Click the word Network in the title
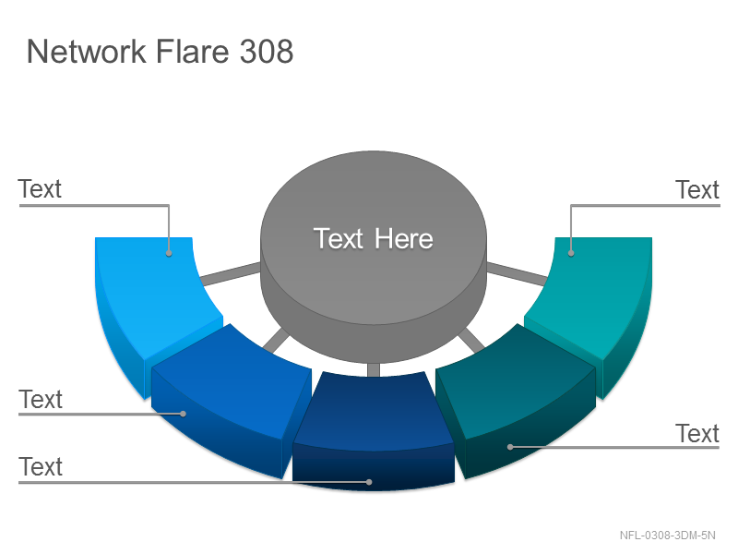coord(86,51)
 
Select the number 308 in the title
coord(267,51)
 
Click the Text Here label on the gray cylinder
coord(374,238)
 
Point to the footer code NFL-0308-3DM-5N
coord(667,536)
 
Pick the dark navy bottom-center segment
coord(374,428)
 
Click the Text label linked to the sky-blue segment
coord(40,189)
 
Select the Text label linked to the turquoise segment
coord(697,190)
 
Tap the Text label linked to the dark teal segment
coord(697,433)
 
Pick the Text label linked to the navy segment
coord(41,467)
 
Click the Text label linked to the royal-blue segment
coord(41,400)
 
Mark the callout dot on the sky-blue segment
coord(169,253)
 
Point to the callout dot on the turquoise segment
coord(571,253)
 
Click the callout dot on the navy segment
coord(370,482)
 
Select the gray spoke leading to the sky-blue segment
coord(230,273)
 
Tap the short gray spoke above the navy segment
coord(374,370)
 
